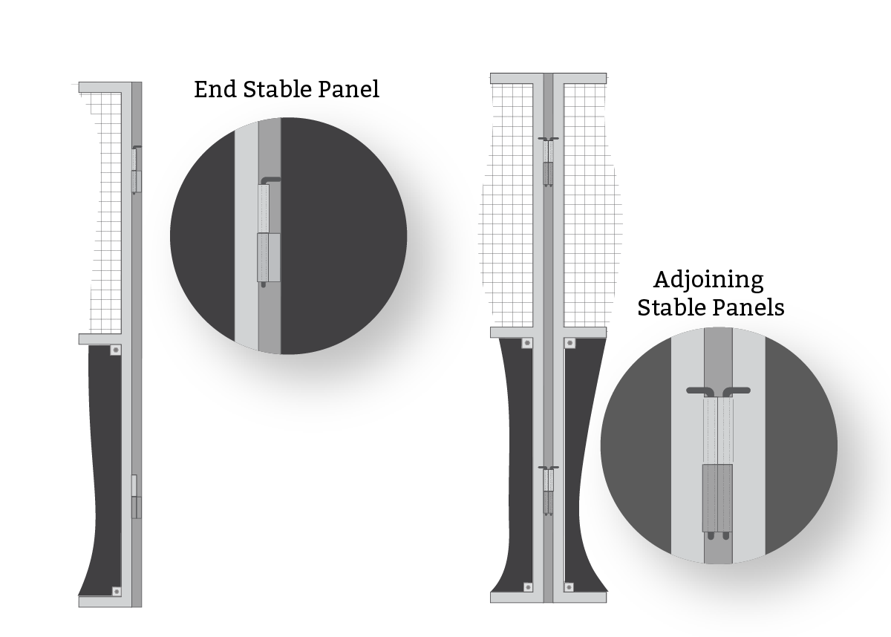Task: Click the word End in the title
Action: (x=215, y=89)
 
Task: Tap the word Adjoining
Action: (x=708, y=281)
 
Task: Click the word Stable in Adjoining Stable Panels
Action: (x=672, y=308)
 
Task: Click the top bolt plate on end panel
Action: (x=116, y=350)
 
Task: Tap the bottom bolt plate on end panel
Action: (x=116, y=592)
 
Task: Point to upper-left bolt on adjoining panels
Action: (x=527, y=343)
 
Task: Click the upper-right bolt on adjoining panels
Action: (x=570, y=343)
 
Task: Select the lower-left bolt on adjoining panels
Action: (x=528, y=587)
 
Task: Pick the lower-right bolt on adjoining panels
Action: (x=569, y=587)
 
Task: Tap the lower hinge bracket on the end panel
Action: (x=137, y=507)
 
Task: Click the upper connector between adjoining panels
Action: (x=549, y=163)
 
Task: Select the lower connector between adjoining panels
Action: (x=549, y=491)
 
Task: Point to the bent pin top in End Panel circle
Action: (x=270, y=180)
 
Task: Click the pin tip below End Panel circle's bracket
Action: (x=264, y=284)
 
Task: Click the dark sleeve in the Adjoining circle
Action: (x=717, y=498)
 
